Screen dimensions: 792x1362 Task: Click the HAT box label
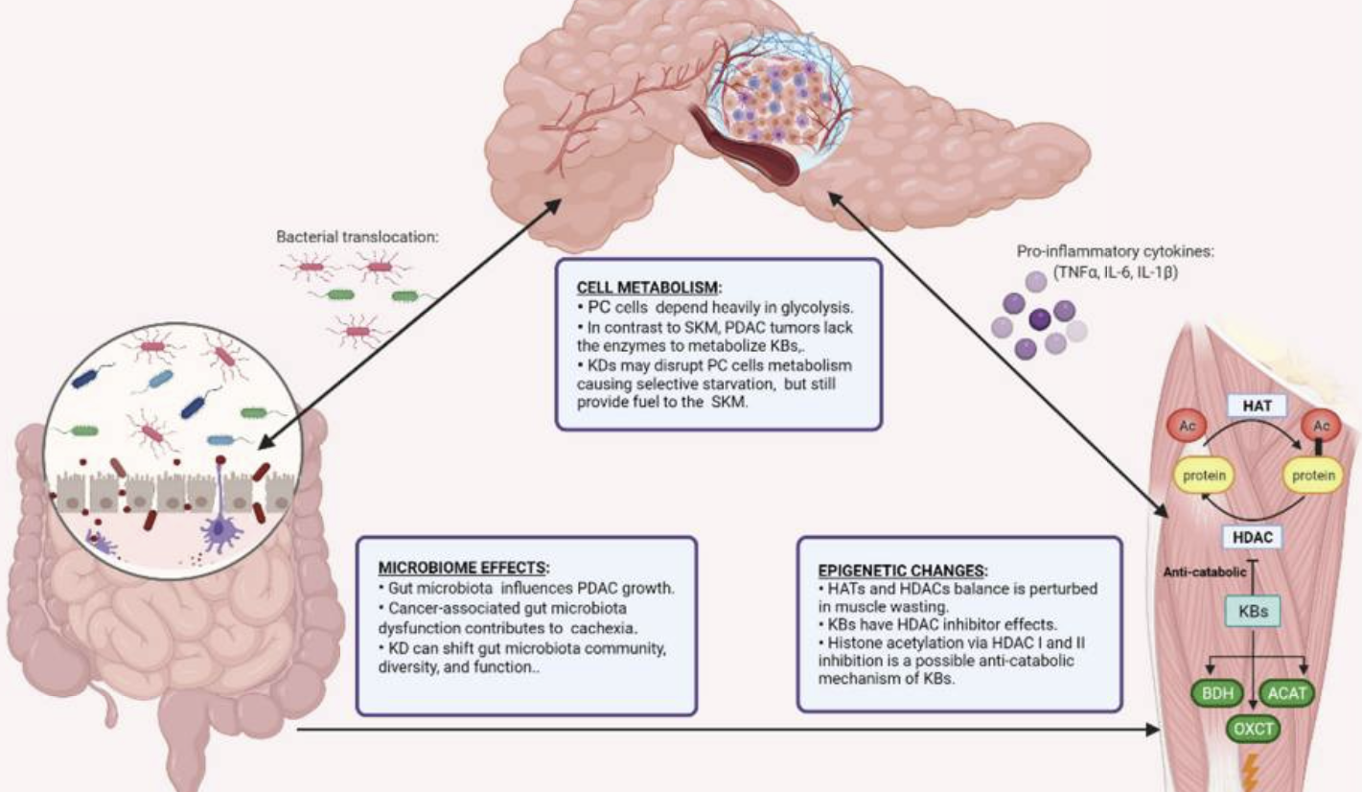1257,406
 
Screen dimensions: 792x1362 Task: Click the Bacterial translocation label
358,235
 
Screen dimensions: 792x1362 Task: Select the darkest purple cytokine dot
1039,319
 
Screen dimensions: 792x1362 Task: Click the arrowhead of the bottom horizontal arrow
1153,731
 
